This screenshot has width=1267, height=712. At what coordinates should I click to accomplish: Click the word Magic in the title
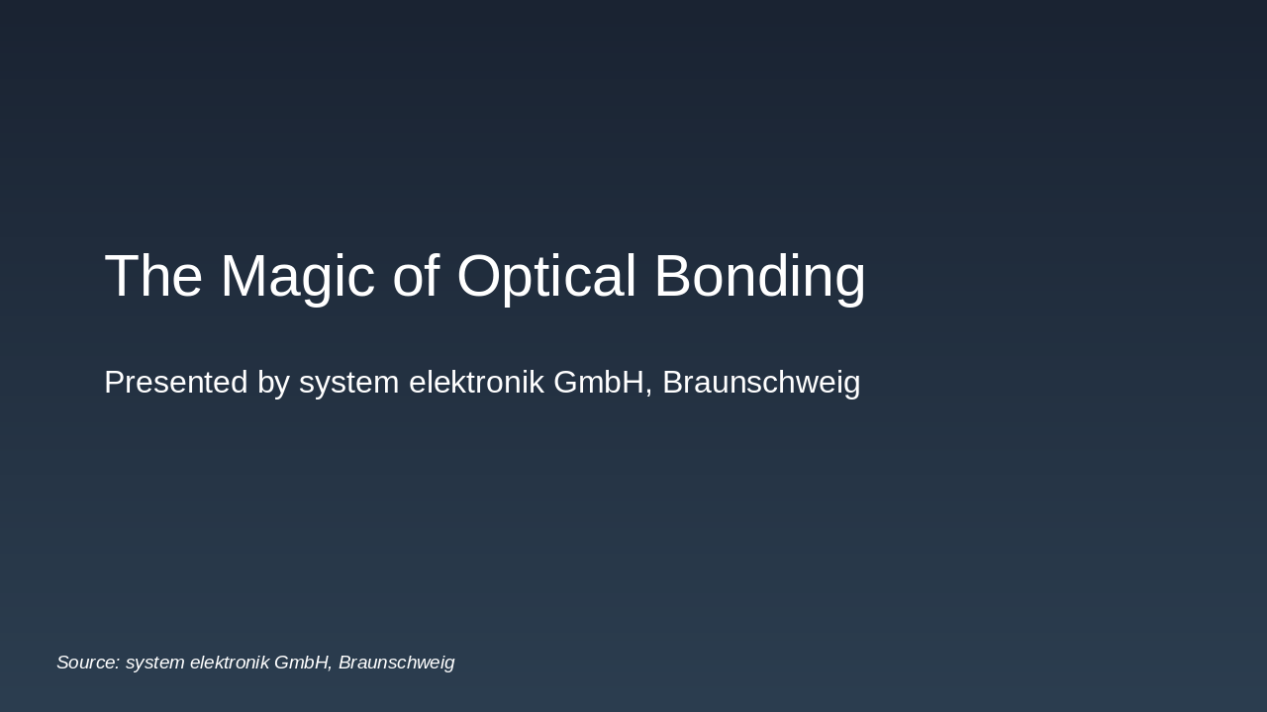[x=297, y=277]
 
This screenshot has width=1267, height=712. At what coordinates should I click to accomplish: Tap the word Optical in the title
[x=546, y=277]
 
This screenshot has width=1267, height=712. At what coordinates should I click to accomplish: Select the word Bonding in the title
[x=759, y=277]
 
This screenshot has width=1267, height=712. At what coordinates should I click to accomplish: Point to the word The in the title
[x=153, y=277]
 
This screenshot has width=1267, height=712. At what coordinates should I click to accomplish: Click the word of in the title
[x=416, y=277]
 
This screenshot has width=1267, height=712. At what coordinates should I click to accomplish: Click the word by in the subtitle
[x=273, y=383]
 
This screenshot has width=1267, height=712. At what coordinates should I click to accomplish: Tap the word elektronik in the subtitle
[x=476, y=383]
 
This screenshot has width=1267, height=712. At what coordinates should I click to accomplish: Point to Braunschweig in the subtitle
[x=761, y=383]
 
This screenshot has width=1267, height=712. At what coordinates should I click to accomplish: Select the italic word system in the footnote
[x=154, y=663]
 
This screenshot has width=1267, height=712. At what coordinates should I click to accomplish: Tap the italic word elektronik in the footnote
[x=229, y=663]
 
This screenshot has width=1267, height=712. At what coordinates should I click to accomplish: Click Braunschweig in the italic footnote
[x=396, y=663]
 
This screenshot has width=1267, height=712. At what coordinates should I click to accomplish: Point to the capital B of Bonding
[x=672, y=277]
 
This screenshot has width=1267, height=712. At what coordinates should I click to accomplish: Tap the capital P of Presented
[x=114, y=383]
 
